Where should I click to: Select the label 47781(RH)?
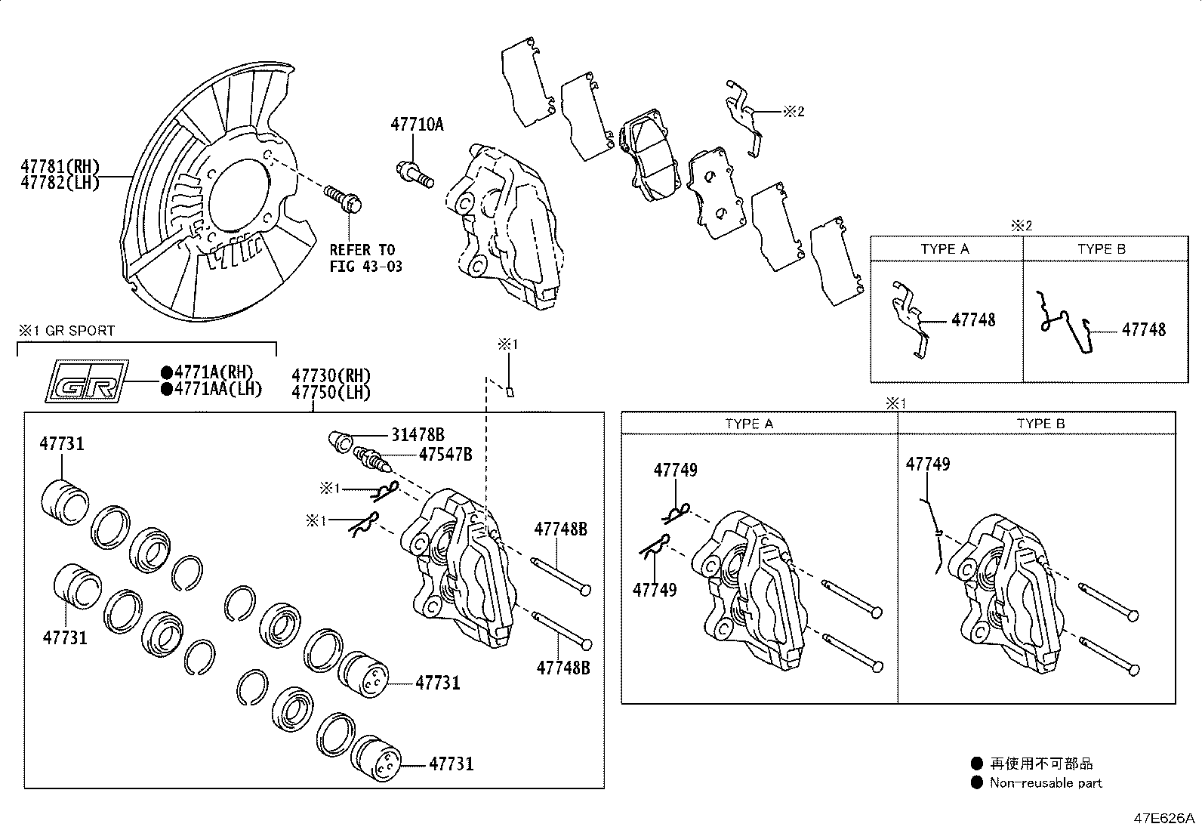coord(60,167)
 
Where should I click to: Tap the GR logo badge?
coord(83,380)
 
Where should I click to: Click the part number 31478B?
coord(418,434)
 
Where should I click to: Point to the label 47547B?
coord(445,454)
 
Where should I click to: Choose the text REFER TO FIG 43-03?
coord(365,258)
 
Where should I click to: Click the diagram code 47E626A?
coord(1163,818)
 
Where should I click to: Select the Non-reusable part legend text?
coord(1046,783)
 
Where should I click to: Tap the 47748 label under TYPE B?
coord(1143,330)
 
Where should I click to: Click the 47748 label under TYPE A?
coord(973,320)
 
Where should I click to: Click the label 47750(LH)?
coord(331,392)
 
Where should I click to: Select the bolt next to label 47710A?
coord(415,173)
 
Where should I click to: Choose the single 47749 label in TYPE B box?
coord(928,464)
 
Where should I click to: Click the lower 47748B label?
coord(562,668)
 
